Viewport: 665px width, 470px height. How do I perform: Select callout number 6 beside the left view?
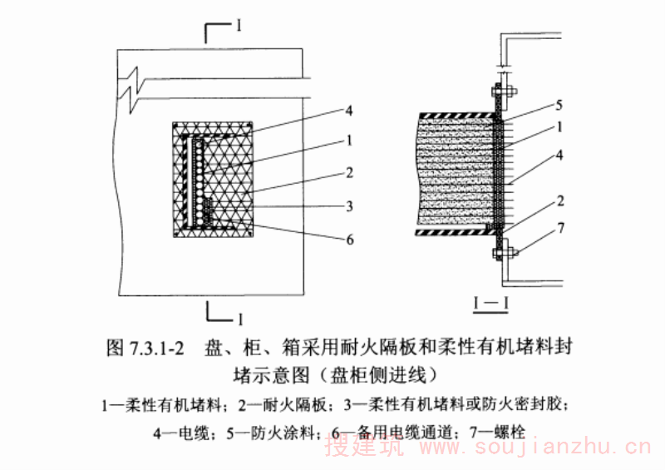click(351, 239)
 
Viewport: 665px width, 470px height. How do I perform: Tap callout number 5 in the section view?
click(559, 106)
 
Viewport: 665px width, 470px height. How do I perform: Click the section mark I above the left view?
click(239, 26)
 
